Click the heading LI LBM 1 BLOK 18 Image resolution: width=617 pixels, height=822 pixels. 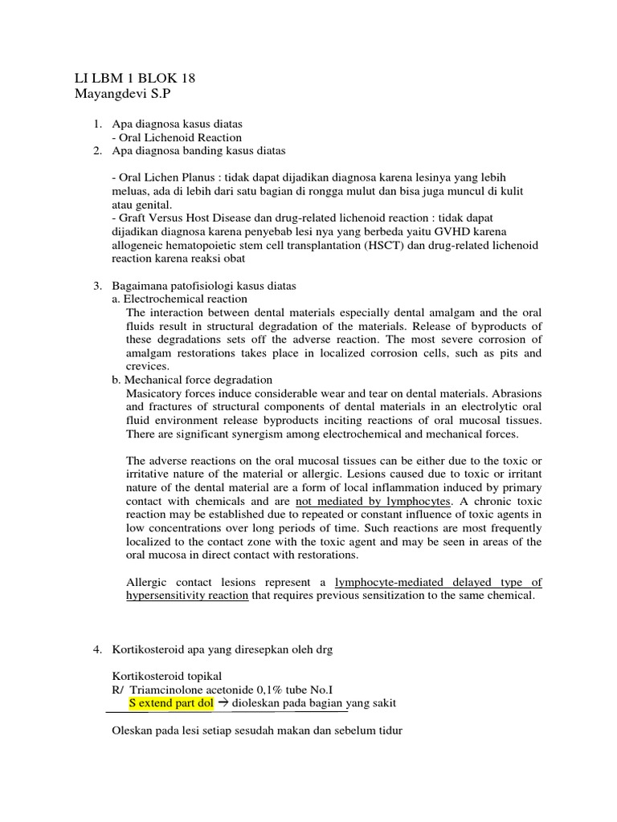pyautogui.click(x=133, y=78)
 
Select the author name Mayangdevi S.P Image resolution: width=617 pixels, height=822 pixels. pyautogui.click(x=122, y=94)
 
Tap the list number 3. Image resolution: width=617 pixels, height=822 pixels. pyautogui.click(x=97, y=286)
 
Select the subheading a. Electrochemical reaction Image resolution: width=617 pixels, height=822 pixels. pyautogui.click(x=179, y=299)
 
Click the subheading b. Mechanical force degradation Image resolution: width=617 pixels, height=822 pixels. pyautogui.click(x=192, y=380)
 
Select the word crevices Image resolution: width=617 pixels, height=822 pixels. pyautogui.click(x=147, y=366)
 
